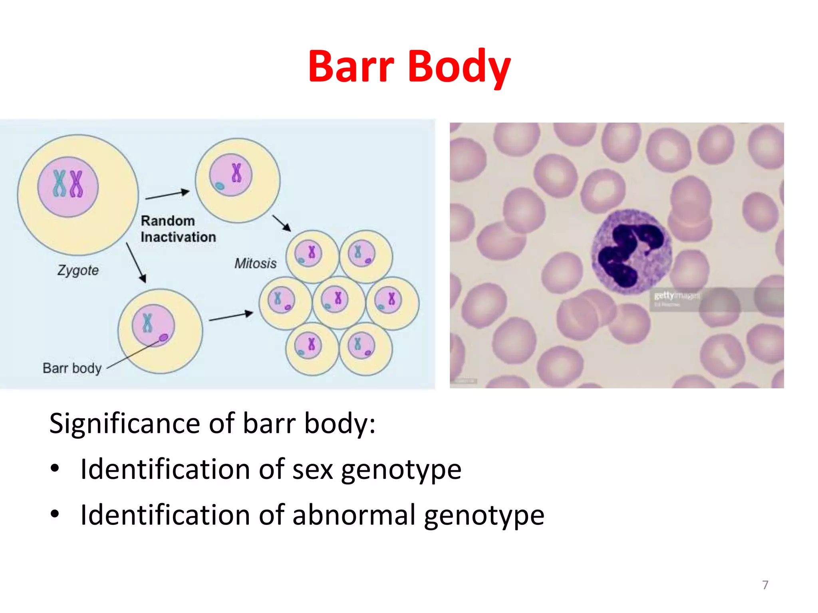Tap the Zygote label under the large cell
click(78, 270)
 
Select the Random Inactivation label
click(178, 229)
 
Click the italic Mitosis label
click(255, 263)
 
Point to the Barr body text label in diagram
click(72, 368)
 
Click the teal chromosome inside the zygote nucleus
click(60, 184)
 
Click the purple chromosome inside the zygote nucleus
click(76, 184)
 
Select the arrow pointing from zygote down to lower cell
click(136, 263)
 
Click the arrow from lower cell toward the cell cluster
click(231, 316)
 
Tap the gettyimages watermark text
click(677, 296)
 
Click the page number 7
click(765, 585)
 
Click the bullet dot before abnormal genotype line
click(55, 514)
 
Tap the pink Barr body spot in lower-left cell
click(164, 338)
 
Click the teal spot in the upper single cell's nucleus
click(219, 186)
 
